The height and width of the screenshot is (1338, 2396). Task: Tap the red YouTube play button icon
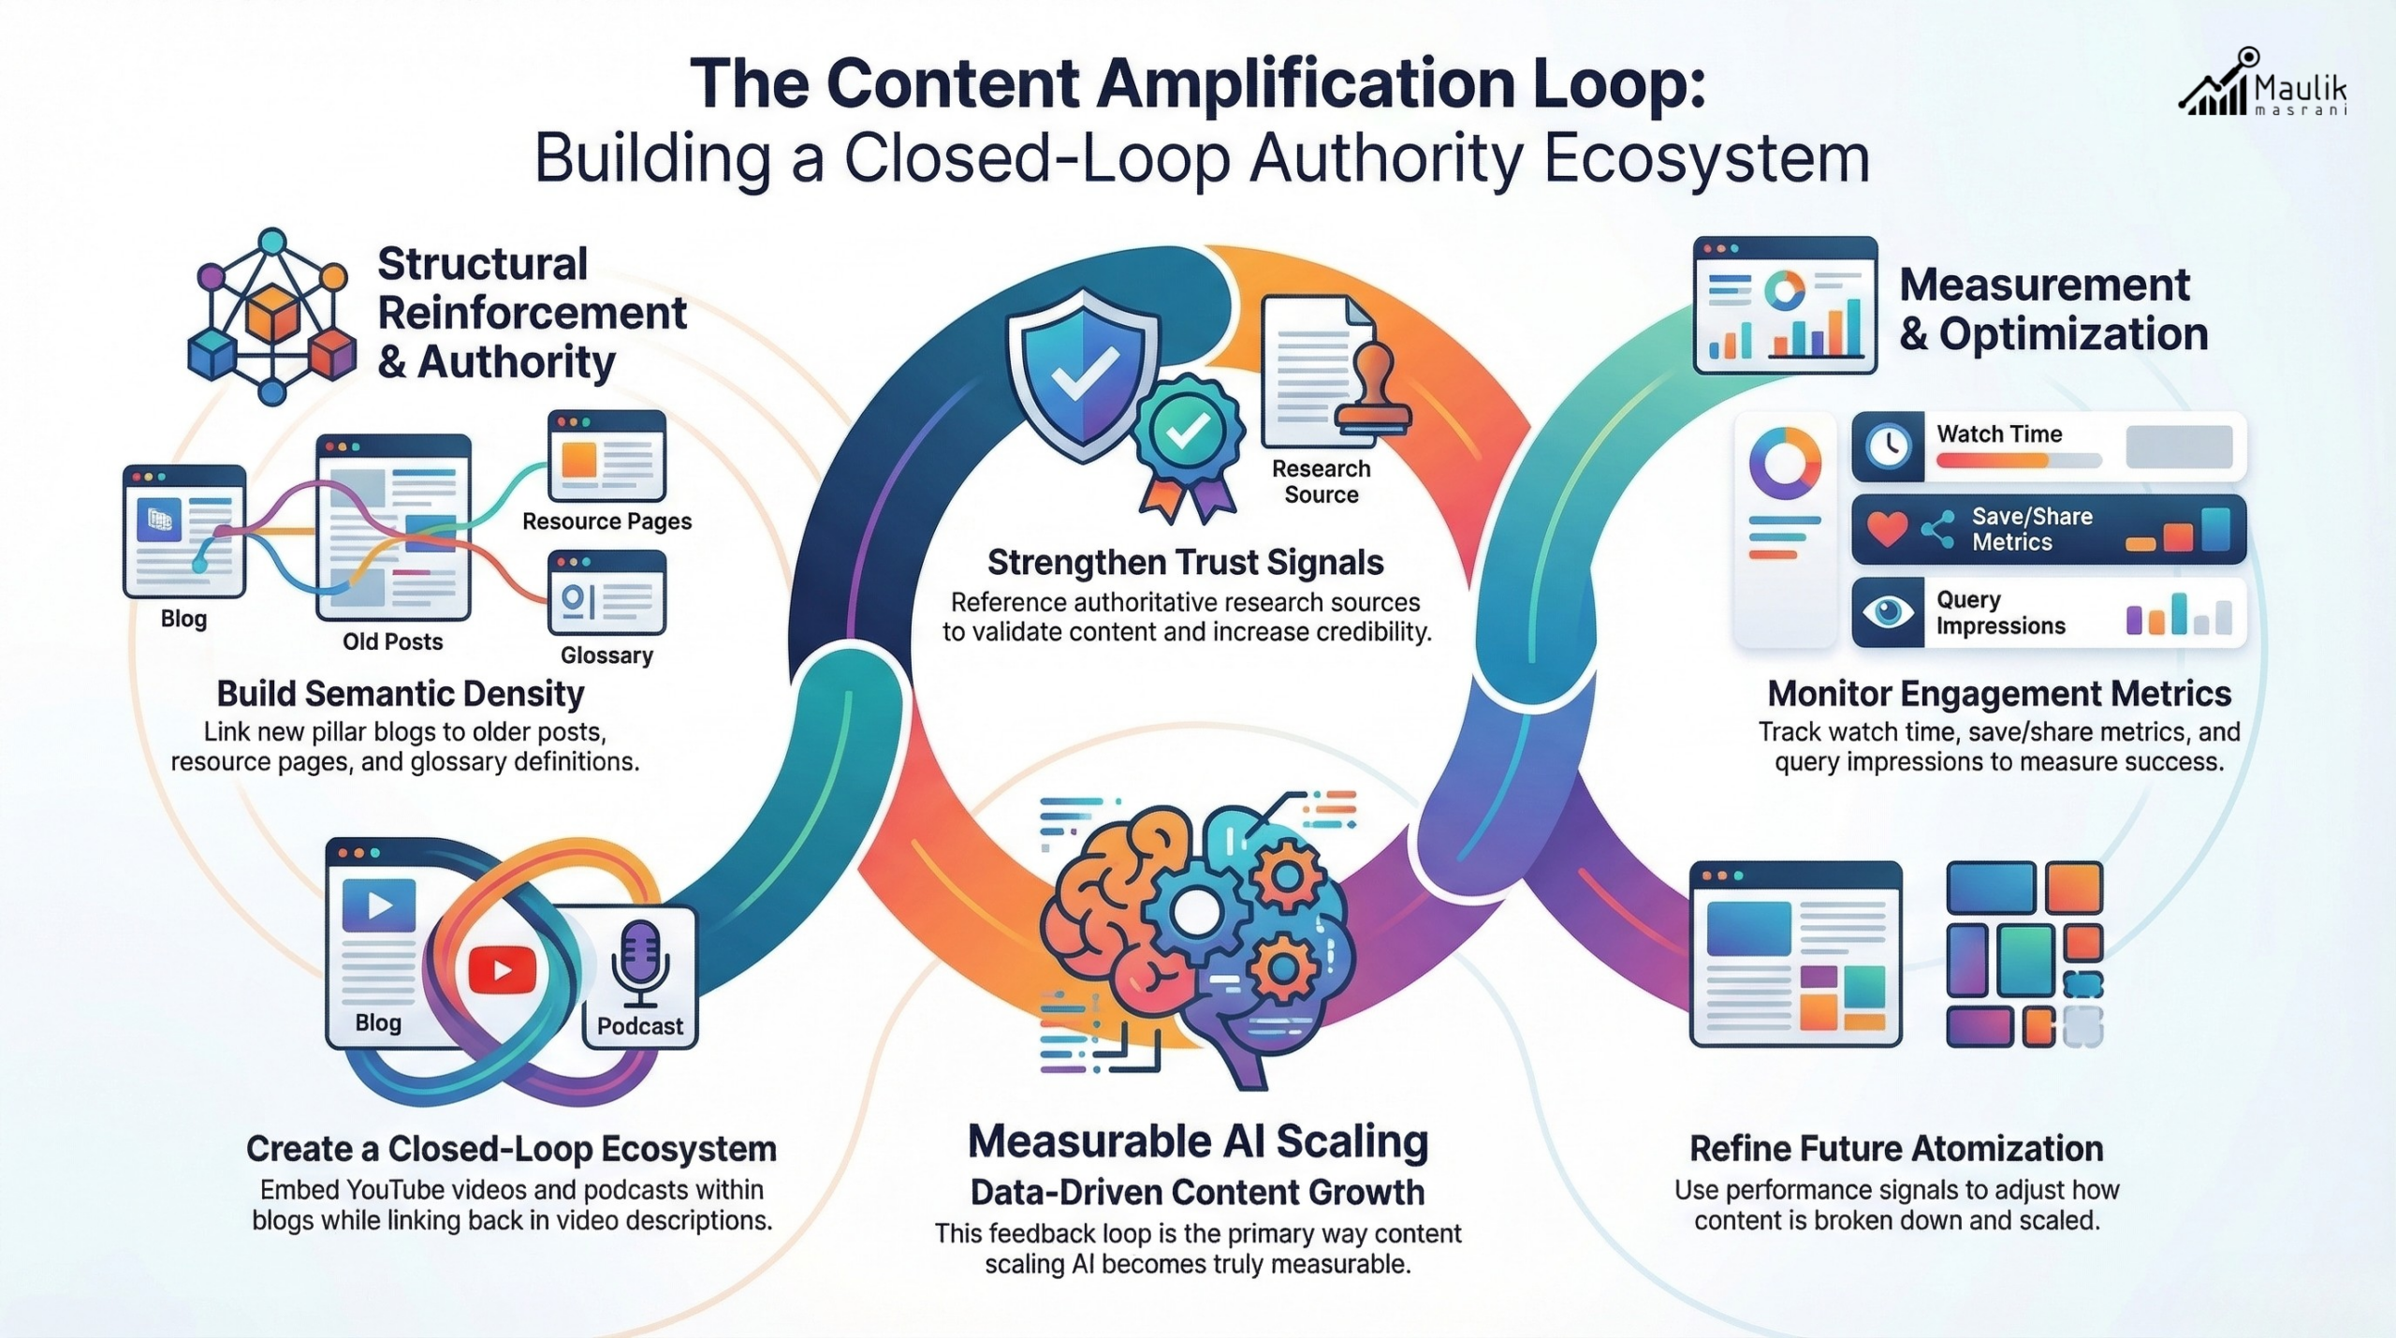503,970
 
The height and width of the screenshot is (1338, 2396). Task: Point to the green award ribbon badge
1188,433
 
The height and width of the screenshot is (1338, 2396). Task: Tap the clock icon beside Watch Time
1888,447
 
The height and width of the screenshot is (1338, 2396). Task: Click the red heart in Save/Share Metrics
1887,529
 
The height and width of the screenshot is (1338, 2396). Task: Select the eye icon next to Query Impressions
1888,612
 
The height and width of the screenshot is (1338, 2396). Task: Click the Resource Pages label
606,522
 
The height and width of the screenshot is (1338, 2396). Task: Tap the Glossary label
606,655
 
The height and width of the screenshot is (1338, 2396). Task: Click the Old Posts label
392,641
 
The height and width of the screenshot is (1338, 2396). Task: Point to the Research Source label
1321,481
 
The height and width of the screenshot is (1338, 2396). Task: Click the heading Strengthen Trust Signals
1185,563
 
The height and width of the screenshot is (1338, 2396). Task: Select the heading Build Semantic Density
401,694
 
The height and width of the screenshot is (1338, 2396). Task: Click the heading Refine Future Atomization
1896,1149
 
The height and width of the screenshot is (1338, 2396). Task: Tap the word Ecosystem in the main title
1706,158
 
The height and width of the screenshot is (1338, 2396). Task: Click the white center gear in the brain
1194,912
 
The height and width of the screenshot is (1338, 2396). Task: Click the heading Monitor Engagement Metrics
1999,694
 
